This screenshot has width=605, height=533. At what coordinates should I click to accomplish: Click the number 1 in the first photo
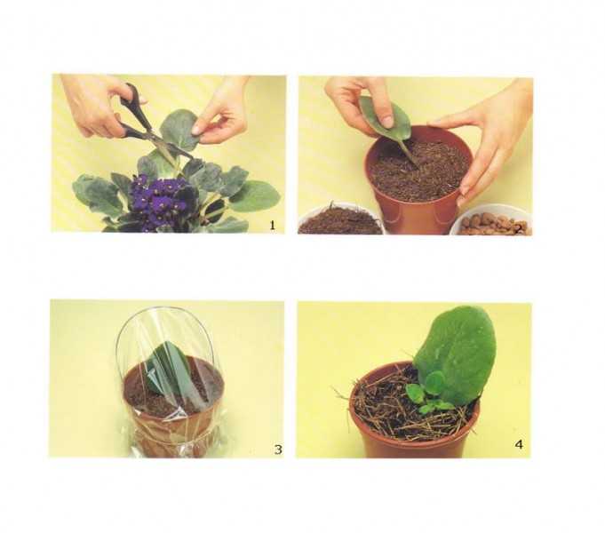pyautogui.click(x=273, y=225)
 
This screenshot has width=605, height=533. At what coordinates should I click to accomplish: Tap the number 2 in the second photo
pyautogui.click(x=518, y=229)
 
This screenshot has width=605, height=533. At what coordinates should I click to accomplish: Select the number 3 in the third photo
pyautogui.click(x=278, y=449)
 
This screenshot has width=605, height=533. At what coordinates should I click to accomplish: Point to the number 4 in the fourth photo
pyautogui.click(x=520, y=445)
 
